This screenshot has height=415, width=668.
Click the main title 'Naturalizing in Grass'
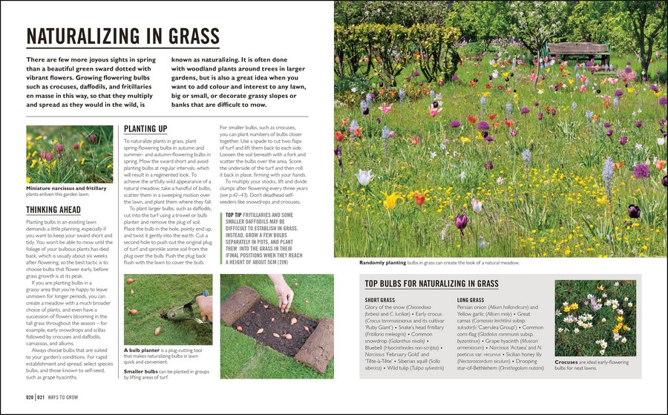122,36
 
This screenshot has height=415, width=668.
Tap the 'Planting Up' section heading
145,128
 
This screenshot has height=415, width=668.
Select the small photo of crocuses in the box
595,317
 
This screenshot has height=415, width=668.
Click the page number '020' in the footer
30,399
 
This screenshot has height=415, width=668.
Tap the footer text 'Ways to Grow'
71,399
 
